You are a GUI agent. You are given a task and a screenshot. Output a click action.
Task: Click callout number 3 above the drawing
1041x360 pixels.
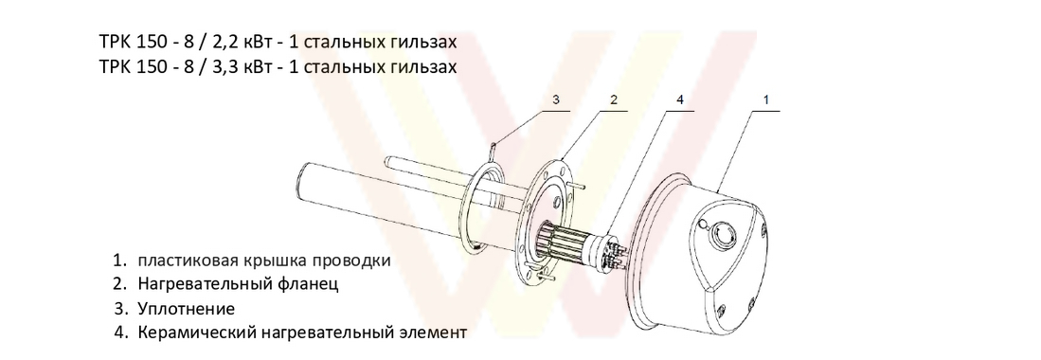[x=556, y=100]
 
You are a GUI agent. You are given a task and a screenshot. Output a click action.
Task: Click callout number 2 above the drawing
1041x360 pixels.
[x=614, y=100]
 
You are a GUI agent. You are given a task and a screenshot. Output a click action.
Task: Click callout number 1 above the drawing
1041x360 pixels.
[x=765, y=100]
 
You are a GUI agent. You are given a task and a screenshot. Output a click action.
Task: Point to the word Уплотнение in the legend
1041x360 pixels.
[x=187, y=309]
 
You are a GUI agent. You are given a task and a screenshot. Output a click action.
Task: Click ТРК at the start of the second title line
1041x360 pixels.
[x=114, y=66]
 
